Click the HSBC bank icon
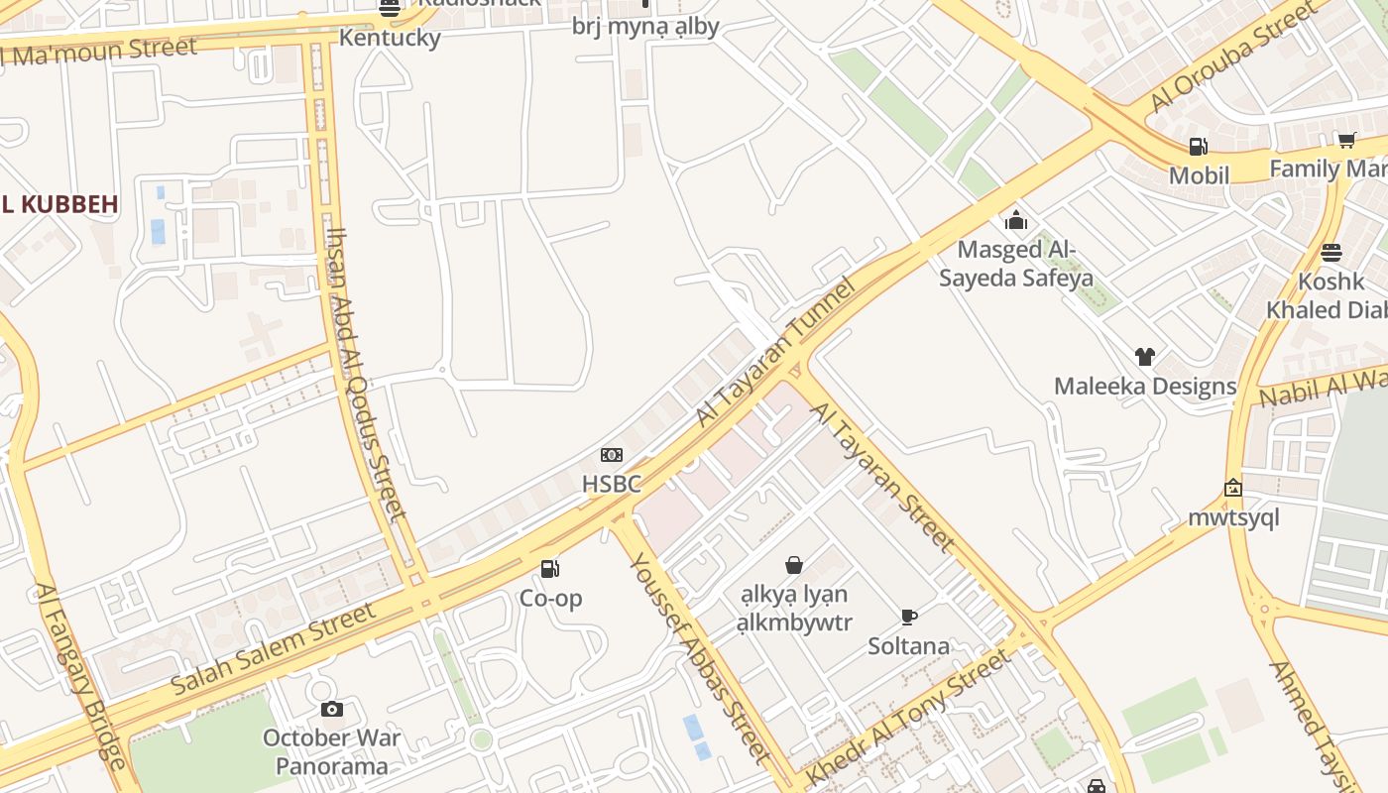(x=612, y=455)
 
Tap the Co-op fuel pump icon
(x=549, y=568)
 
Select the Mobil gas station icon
(x=1198, y=147)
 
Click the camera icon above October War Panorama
(x=332, y=709)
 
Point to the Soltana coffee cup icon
(x=908, y=617)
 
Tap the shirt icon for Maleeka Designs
(x=1145, y=357)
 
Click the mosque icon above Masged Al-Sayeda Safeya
(x=1015, y=220)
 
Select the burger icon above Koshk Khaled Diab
(x=1330, y=252)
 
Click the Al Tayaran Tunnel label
(x=774, y=354)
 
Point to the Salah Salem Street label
(x=274, y=648)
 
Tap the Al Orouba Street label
(x=1233, y=58)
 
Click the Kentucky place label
(x=390, y=38)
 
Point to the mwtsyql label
(x=1233, y=517)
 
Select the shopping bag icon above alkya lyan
(x=793, y=565)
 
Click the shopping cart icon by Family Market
(x=1345, y=140)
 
